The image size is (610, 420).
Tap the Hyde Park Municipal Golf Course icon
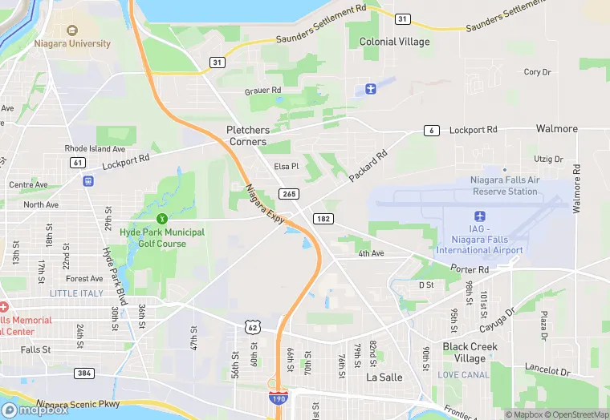tap(162, 218)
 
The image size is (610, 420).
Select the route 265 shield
tap(288, 194)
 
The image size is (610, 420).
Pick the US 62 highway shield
tap(252, 326)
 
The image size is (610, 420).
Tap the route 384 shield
tap(83, 374)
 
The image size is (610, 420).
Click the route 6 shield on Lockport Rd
tap(432, 131)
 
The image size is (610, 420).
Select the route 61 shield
tap(78, 163)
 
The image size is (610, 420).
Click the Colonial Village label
tap(394, 42)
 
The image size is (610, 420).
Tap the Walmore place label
tap(556, 129)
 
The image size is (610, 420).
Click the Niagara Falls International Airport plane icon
tap(480, 216)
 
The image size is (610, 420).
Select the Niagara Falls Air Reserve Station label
tap(505, 186)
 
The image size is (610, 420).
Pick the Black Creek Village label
tap(470, 353)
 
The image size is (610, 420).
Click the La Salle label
tap(383, 377)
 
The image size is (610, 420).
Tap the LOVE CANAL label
tap(464, 375)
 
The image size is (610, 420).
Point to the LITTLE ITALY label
tap(76, 293)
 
